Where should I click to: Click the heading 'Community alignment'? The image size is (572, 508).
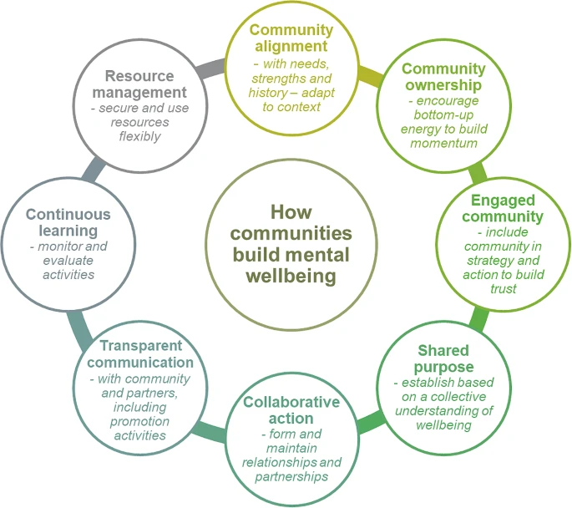pos(291,37)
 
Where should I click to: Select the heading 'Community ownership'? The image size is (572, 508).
pos(443,77)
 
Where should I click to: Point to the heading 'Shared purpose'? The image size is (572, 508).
pos(443,358)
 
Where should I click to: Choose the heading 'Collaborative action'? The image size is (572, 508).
pos(291,410)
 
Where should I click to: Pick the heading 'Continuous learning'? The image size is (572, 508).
pos(68,222)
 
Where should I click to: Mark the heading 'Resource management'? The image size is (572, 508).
pos(140,84)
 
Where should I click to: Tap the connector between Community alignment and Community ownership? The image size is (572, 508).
pos(370,78)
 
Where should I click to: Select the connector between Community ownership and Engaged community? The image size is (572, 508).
pos(477,174)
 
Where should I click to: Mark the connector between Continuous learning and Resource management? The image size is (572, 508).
pos(94,169)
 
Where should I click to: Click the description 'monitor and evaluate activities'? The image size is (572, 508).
pos(68,261)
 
